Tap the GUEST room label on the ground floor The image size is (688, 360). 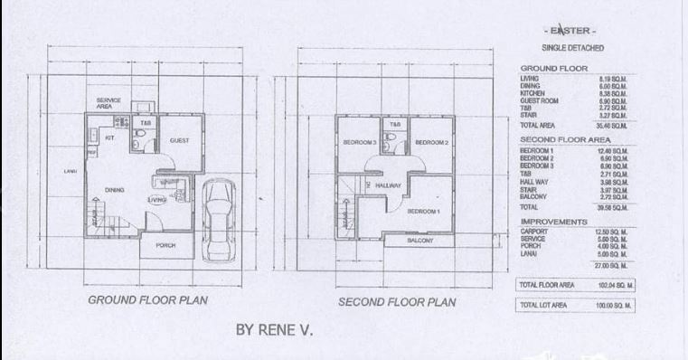tap(178, 141)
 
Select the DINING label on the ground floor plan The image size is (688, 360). tap(114, 190)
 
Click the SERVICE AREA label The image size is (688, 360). tap(109, 102)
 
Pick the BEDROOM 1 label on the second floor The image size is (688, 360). tap(422, 211)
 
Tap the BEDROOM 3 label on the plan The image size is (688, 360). tap(359, 143)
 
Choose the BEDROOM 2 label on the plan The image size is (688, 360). tap(431, 143)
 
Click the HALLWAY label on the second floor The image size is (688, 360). tap(388, 185)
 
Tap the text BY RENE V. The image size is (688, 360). tap(273, 331)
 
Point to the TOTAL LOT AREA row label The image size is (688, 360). tap(541, 306)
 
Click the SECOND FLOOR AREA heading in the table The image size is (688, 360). tap(565, 140)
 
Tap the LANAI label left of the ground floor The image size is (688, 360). tap(71, 171)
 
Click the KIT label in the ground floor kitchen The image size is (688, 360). tap(109, 138)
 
